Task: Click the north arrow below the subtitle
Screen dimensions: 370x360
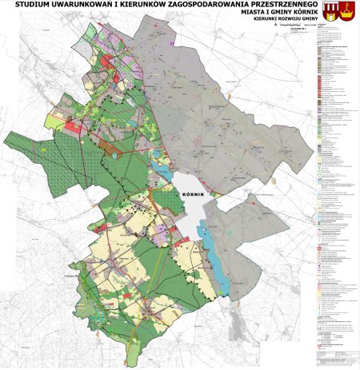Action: (276, 26)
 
